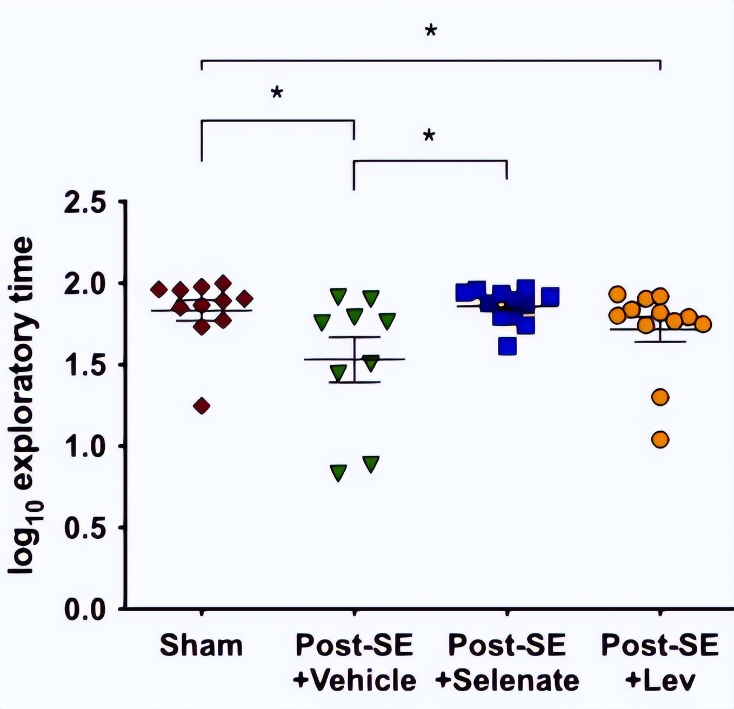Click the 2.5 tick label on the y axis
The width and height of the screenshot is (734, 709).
tap(85, 203)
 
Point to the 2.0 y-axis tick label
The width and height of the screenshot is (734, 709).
tap(85, 284)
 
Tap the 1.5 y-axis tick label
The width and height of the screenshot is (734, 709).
tap(85, 366)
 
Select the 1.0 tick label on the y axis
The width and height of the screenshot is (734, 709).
tap(85, 447)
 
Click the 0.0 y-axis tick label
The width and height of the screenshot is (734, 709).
tap(85, 610)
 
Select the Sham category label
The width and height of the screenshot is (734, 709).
tap(201, 646)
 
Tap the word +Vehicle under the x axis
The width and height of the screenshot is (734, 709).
tap(355, 680)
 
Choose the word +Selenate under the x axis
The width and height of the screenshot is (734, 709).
tap(507, 680)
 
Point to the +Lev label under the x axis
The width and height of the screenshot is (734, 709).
tap(660, 680)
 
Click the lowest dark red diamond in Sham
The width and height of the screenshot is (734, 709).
tap(202, 406)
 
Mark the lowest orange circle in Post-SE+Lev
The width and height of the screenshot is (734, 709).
tap(660, 440)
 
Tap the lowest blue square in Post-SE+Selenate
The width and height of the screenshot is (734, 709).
tap(507, 345)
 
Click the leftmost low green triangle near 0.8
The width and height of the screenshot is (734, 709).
tap(338, 472)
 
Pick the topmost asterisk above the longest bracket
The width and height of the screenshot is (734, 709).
tap(431, 31)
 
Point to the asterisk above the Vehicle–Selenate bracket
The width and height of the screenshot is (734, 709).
tap(429, 136)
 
